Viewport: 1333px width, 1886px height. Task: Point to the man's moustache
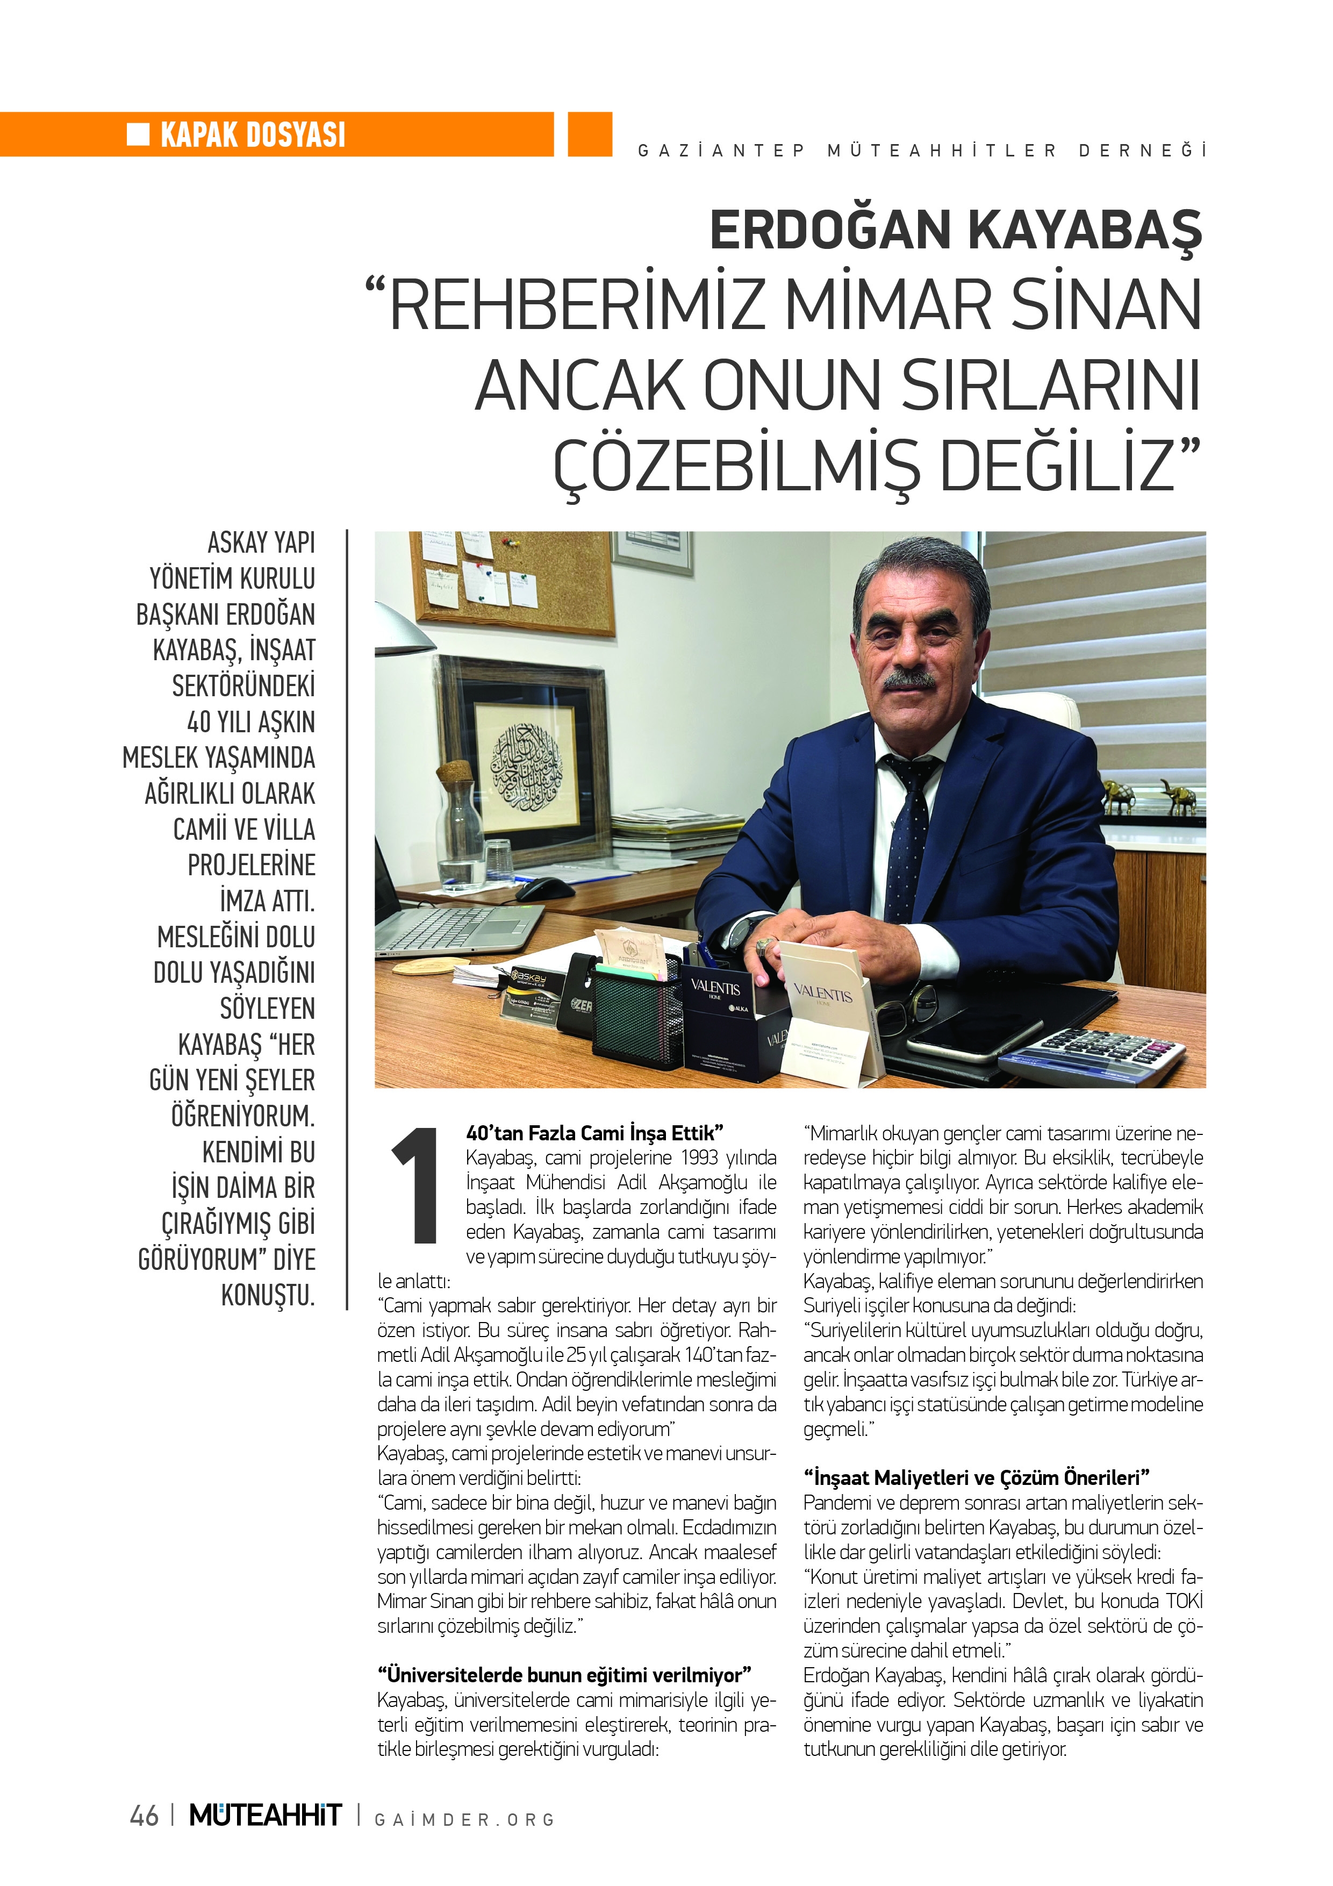click(x=909, y=680)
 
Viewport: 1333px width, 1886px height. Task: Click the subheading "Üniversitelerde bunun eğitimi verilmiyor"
click(x=564, y=1674)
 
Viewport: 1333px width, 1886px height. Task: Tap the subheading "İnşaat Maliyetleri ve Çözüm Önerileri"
click(x=976, y=1478)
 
